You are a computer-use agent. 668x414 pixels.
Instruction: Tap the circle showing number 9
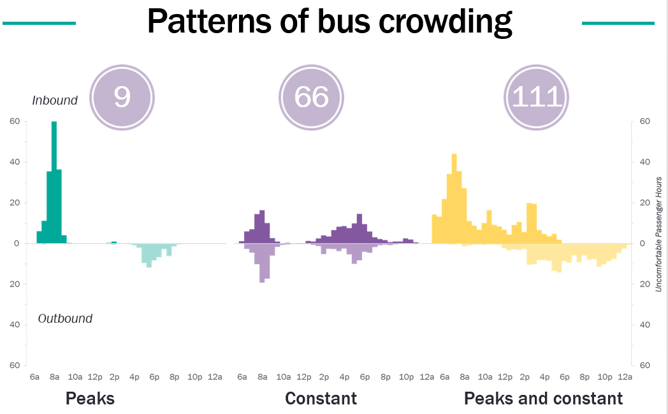122,96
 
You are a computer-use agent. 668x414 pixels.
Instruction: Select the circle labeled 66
311,96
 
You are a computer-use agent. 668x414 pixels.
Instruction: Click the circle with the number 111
537,97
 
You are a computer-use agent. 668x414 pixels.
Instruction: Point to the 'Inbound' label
55,100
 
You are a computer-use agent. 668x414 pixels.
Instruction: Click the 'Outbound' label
65,318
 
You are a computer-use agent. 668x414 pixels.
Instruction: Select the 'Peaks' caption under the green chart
90,399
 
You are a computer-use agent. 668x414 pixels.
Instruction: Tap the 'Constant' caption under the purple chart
321,399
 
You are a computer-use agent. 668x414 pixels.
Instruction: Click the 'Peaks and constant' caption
543,399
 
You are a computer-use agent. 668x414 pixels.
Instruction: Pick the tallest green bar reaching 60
54,182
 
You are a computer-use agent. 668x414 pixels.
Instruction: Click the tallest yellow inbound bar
454,198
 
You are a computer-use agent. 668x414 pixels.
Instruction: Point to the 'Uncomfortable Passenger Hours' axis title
659,243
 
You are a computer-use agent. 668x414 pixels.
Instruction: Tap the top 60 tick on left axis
14,121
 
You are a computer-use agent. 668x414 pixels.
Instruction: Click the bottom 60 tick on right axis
644,365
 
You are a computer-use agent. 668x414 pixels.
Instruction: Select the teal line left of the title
39,23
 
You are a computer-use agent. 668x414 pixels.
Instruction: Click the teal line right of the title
618,23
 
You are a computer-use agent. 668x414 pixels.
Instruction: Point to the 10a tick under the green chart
75,377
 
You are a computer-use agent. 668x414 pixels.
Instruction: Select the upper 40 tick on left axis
14,162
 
